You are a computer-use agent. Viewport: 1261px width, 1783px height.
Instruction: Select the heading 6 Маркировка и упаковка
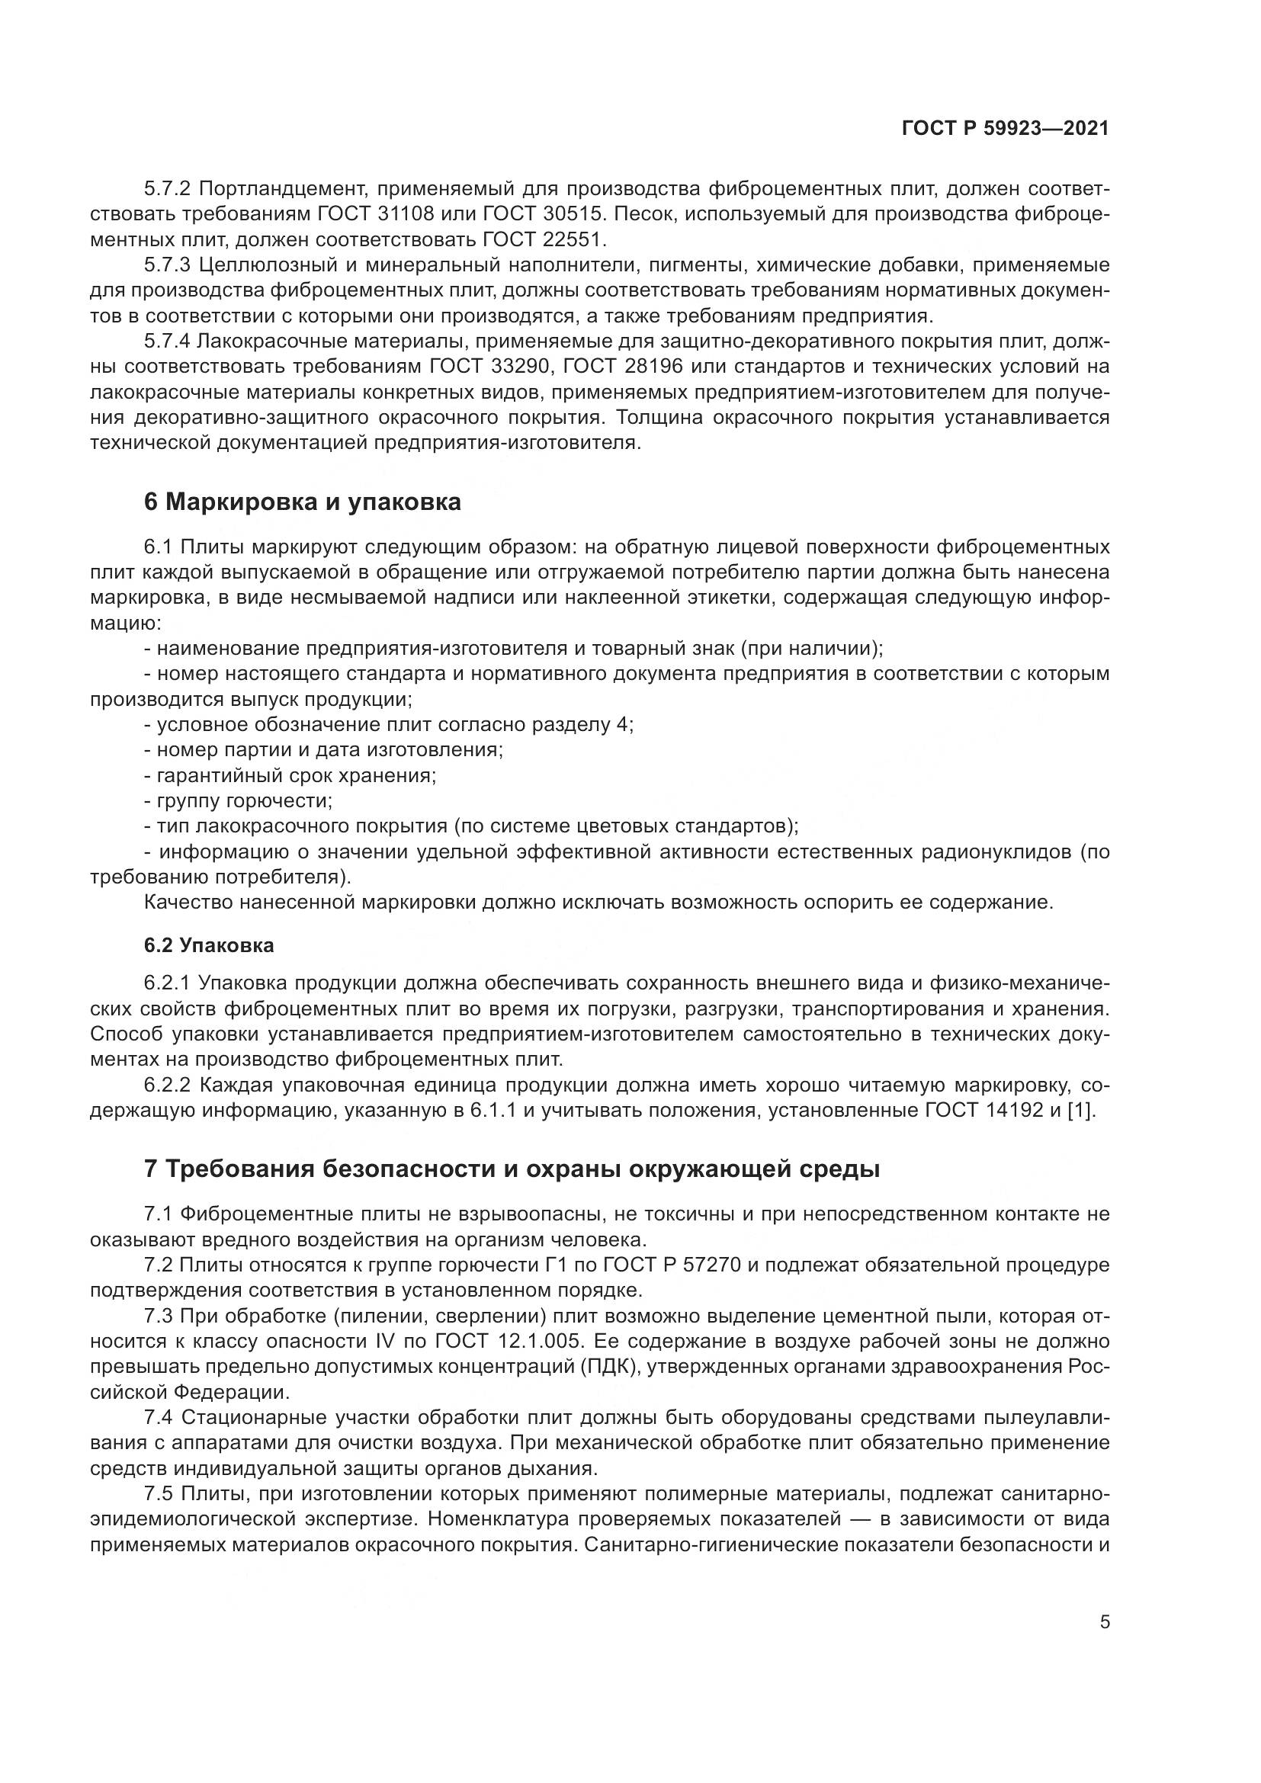point(302,502)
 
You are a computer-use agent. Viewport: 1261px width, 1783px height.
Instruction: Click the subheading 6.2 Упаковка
point(209,945)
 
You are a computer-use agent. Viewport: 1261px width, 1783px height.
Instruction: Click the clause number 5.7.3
point(167,265)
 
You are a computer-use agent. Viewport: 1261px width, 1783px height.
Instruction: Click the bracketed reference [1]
point(1080,1111)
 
